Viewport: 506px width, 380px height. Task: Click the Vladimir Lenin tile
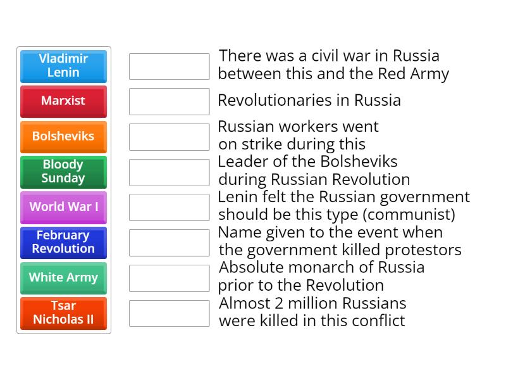63,66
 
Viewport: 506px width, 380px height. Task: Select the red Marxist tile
63,101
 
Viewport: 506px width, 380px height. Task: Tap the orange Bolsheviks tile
63,136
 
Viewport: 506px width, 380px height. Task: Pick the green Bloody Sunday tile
63,172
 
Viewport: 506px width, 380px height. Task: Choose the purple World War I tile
63,207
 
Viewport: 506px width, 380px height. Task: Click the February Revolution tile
63,242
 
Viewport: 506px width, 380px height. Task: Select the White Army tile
63,277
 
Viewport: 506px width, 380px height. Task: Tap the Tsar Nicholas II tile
63,313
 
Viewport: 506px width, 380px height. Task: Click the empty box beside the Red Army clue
169,66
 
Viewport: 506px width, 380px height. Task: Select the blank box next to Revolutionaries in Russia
169,101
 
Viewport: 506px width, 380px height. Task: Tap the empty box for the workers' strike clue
169,136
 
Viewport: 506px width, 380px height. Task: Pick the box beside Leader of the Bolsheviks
169,172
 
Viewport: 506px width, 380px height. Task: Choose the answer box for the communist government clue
169,207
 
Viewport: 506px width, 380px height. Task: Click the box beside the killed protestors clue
169,242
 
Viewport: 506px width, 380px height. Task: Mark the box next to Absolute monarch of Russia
169,277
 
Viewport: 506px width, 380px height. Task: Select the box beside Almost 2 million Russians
169,313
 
